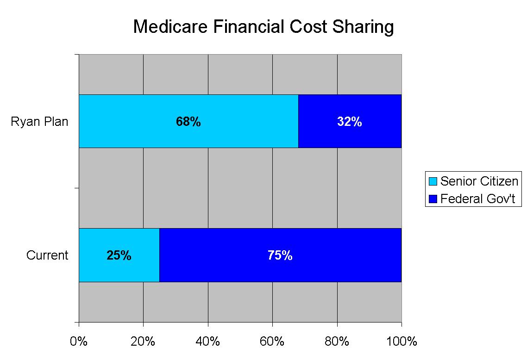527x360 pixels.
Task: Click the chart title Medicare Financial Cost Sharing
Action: tap(263, 27)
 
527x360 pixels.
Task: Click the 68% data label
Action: tap(188, 122)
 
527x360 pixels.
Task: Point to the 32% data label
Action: tap(349, 122)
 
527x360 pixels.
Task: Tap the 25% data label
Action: tap(119, 255)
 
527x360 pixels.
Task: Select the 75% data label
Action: tap(280, 255)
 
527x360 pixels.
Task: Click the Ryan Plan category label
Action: tap(40, 122)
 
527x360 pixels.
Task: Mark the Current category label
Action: tap(47, 255)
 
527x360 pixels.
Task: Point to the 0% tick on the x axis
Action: tap(79, 341)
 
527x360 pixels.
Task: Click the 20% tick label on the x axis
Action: tap(143, 341)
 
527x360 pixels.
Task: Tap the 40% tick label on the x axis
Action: tap(208, 341)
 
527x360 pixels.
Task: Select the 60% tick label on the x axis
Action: tap(272, 341)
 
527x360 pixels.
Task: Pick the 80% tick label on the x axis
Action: tap(337, 341)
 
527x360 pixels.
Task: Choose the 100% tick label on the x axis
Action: tap(401, 341)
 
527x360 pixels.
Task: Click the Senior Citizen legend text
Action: tap(479, 181)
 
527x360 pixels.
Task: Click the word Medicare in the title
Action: tap(169, 27)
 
